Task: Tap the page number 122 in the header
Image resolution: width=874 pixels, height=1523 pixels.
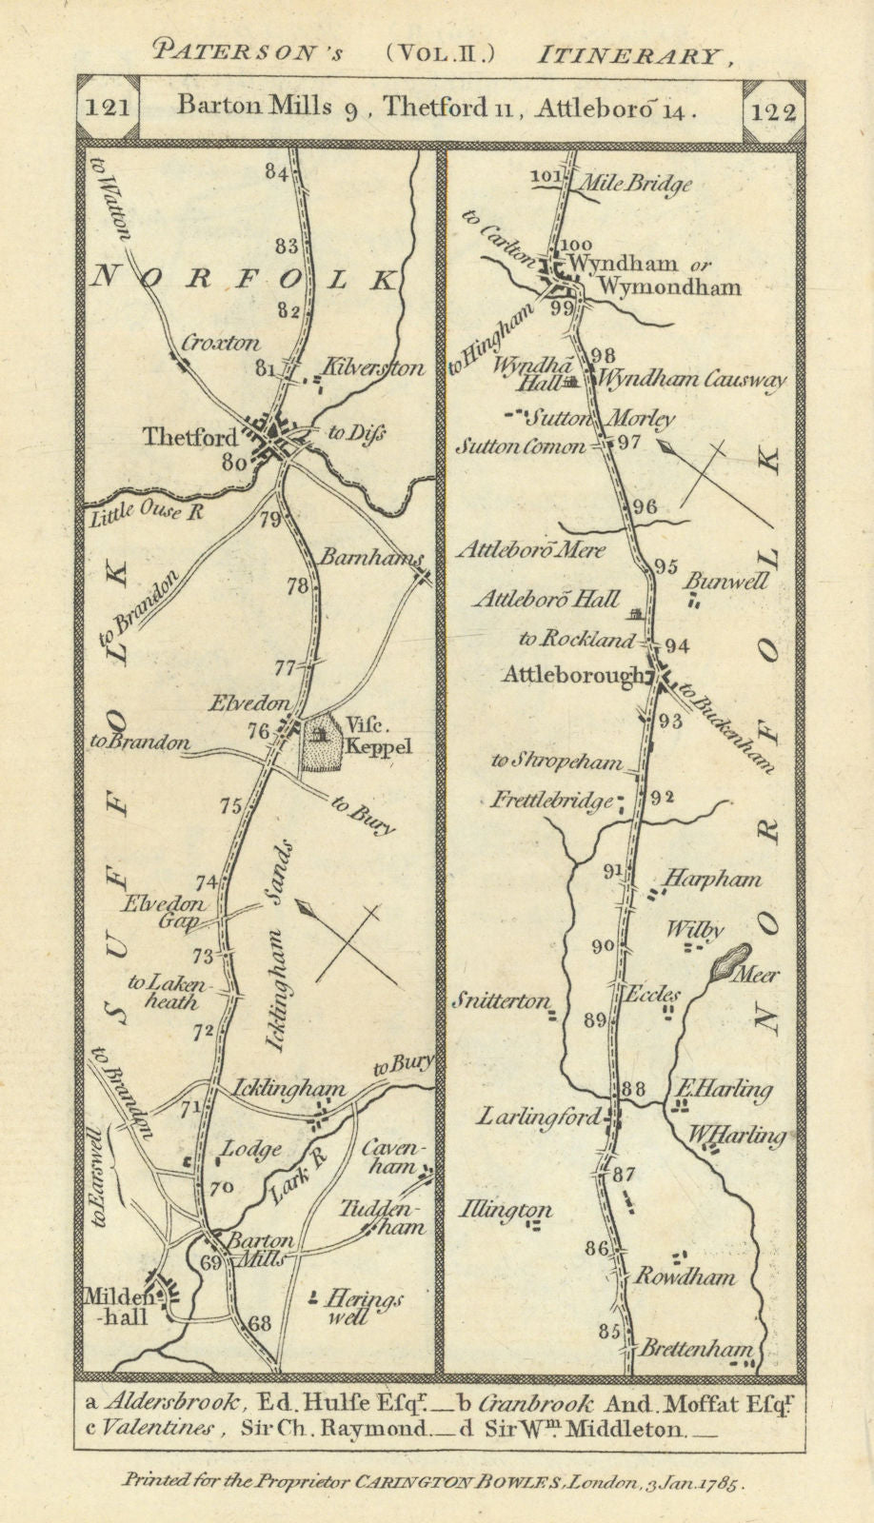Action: pyautogui.click(x=772, y=111)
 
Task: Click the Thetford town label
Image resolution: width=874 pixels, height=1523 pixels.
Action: pyautogui.click(x=189, y=438)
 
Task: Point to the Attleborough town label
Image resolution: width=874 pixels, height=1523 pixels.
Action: pyautogui.click(x=573, y=676)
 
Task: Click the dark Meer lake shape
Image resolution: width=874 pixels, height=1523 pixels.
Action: pyautogui.click(x=730, y=960)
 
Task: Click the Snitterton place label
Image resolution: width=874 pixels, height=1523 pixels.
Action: pyautogui.click(x=501, y=1000)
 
